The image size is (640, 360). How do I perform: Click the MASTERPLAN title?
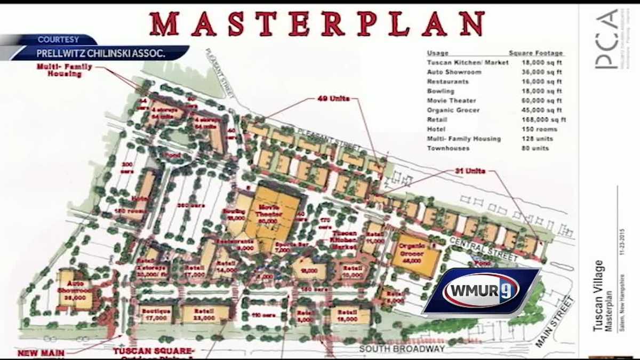click(317, 24)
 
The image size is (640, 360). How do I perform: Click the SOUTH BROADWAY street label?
click(402, 349)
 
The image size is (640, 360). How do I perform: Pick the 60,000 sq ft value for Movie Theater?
click(542, 101)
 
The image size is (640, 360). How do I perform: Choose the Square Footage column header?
click(535, 53)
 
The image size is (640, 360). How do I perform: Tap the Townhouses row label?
click(448, 148)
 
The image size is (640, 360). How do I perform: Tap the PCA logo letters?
click(606, 39)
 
